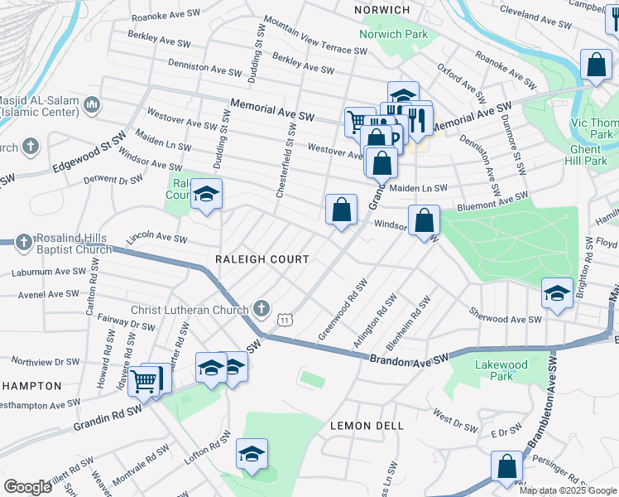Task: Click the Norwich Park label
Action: (x=394, y=35)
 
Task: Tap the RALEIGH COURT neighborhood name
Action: (x=262, y=259)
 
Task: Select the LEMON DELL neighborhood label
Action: (x=367, y=426)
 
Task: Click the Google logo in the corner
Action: (x=27, y=487)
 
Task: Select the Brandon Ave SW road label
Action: (x=408, y=357)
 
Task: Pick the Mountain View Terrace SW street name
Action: (x=315, y=36)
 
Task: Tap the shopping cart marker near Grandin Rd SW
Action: (x=144, y=382)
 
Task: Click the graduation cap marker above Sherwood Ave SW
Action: (x=557, y=292)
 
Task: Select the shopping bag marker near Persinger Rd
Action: (x=506, y=466)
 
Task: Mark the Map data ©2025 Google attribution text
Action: (x=567, y=490)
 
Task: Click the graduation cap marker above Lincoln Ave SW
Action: (x=207, y=195)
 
